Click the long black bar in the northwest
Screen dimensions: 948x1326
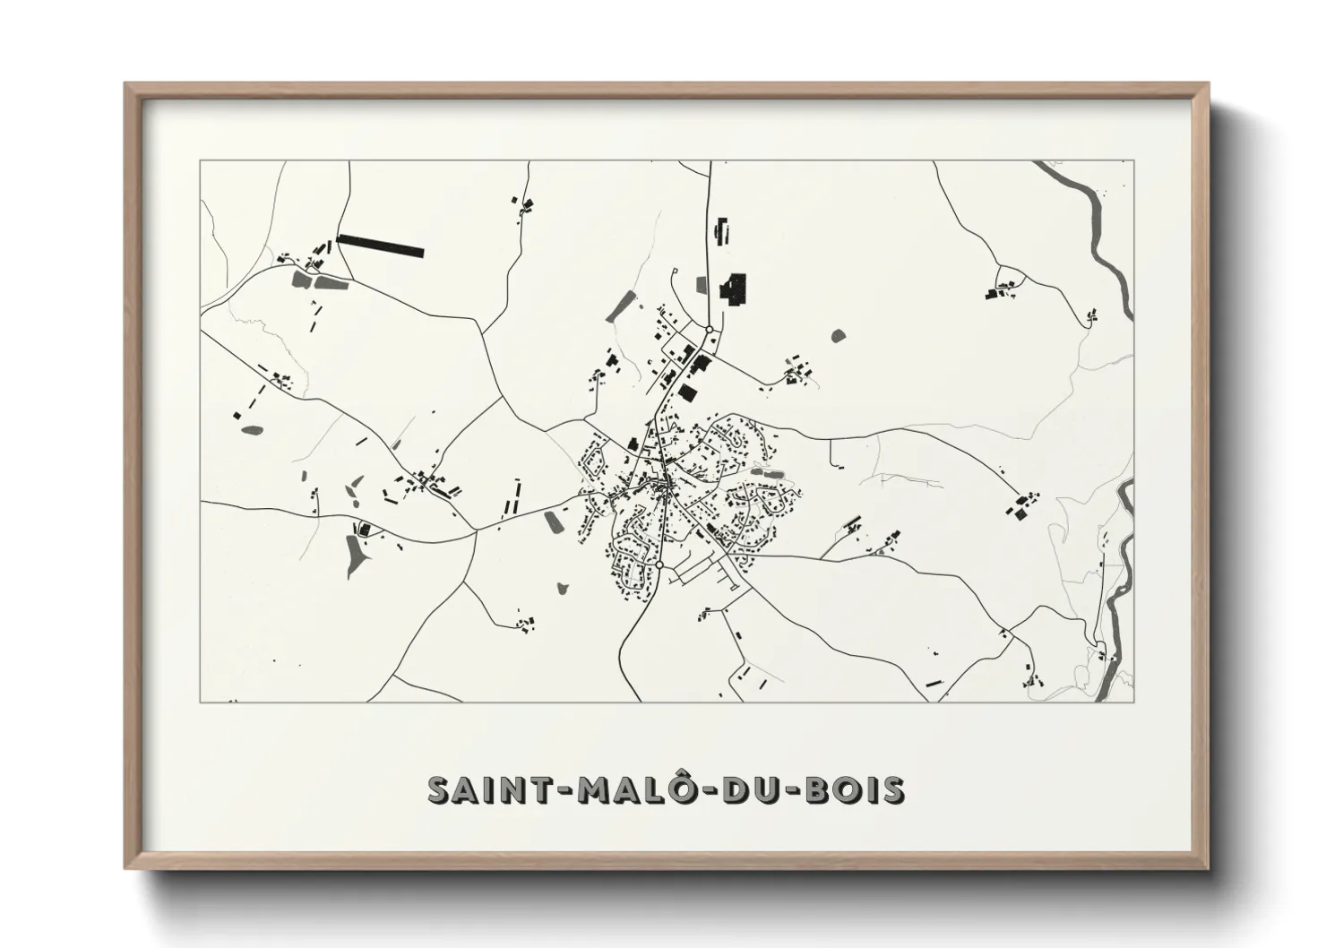[380, 246]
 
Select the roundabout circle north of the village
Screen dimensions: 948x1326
[709, 330]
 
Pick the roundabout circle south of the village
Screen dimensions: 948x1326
[659, 566]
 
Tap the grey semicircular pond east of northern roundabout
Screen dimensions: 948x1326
[839, 336]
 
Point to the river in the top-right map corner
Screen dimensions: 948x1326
[1098, 233]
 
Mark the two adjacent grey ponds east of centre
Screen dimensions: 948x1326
[767, 470]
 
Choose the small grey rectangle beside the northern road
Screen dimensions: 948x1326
[701, 285]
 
